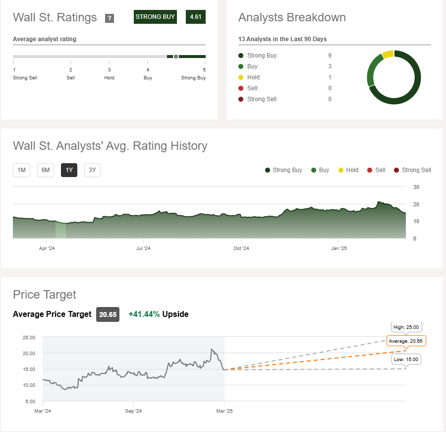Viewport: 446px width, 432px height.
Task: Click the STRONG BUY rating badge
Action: (x=155, y=17)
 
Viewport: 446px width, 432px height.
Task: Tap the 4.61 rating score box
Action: (x=196, y=17)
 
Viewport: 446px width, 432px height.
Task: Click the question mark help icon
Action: (x=110, y=18)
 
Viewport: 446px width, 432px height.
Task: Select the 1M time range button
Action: (x=21, y=170)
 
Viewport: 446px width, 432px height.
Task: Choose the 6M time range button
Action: (x=46, y=170)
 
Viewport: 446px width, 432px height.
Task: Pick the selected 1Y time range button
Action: (x=69, y=170)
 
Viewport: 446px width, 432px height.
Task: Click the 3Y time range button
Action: (x=92, y=170)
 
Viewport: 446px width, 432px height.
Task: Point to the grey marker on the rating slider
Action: (x=175, y=57)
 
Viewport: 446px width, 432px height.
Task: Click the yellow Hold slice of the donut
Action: (x=388, y=54)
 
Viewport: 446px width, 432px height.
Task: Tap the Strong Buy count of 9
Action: (x=330, y=56)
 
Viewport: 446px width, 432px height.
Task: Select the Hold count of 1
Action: (x=330, y=77)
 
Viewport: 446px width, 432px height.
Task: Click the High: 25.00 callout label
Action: (x=406, y=328)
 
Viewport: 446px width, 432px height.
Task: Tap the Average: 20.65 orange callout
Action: (x=407, y=341)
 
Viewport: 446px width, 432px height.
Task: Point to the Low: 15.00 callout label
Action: (x=406, y=360)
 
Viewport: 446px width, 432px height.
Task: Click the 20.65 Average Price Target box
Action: (x=108, y=314)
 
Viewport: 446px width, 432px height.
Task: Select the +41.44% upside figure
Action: (x=144, y=314)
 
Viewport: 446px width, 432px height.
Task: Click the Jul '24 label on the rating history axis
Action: (x=143, y=248)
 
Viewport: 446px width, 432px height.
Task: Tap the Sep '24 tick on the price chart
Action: (x=133, y=411)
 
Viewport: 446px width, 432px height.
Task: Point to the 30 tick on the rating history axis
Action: (x=416, y=187)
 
